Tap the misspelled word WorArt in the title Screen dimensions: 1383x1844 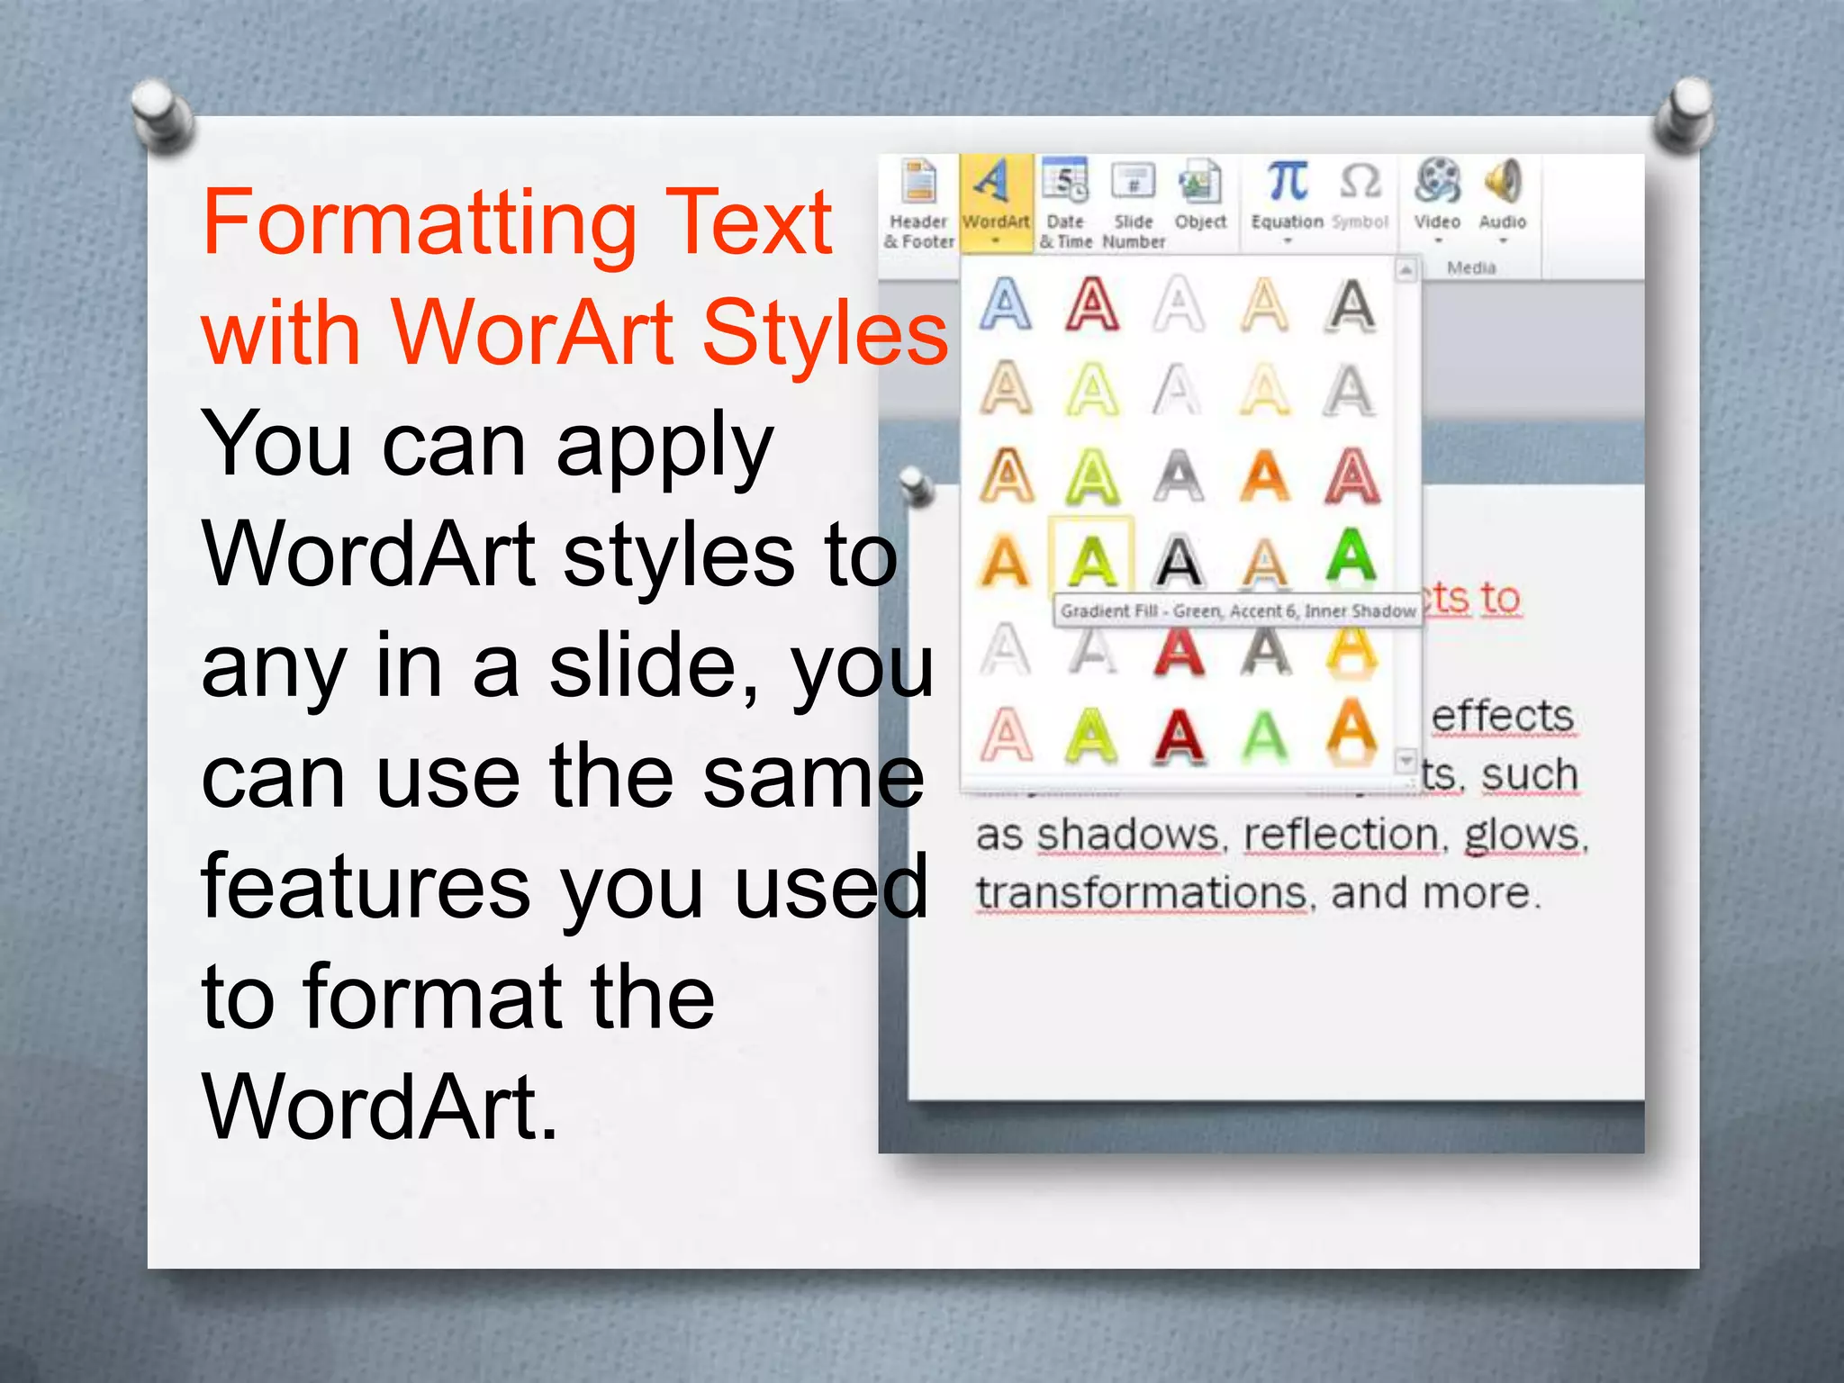point(532,333)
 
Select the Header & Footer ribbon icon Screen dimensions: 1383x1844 point(919,185)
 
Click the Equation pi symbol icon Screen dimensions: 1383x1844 point(1288,183)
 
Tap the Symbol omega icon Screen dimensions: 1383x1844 point(1360,183)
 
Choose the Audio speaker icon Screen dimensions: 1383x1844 point(1503,183)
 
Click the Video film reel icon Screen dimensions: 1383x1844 point(1437,183)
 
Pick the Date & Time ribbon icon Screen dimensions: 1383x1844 point(1065,183)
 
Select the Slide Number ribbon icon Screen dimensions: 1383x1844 point(1134,183)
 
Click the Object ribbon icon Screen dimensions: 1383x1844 point(1200,183)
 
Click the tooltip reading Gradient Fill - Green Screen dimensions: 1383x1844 point(1237,611)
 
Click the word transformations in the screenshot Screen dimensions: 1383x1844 point(1141,894)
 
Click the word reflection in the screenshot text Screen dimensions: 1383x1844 point(1341,836)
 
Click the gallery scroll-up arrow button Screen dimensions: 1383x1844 point(1406,269)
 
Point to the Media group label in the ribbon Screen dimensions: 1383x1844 point(1471,267)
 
